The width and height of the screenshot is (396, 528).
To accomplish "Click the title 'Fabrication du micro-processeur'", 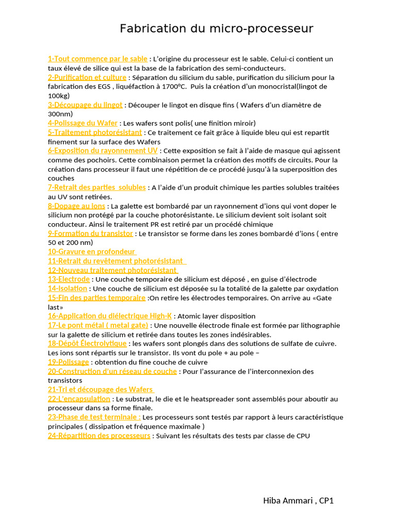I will click(x=217, y=29).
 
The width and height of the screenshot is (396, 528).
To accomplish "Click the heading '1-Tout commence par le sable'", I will click(x=97, y=59).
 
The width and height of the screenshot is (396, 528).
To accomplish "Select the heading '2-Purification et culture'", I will click(x=87, y=77).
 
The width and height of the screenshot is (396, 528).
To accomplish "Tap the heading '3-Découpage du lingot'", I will click(x=85, y=105).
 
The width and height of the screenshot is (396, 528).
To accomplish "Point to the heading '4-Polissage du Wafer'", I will click(x=82, y=123).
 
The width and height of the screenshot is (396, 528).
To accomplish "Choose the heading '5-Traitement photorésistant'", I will click(x=95, y=133).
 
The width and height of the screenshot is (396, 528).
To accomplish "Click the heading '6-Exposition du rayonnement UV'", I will click(x=103, y=151).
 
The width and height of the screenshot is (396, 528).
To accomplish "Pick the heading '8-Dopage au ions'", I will click(x=76, y=206).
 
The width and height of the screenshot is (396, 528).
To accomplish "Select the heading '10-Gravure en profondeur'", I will click(x=92, y=252).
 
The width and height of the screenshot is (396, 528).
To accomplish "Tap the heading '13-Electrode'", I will click(x=69, y=279).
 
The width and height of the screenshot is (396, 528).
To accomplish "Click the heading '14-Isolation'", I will click(x=68, y=288).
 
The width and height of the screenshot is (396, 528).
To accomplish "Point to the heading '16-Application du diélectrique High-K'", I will click(x=110, y=316).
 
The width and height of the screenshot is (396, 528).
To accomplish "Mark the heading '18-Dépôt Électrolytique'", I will click(x=87, y=343).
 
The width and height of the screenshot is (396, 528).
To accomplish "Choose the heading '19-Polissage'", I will click(x=68, y=362).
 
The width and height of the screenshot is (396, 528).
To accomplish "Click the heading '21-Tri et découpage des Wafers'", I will click(x=101, y=389).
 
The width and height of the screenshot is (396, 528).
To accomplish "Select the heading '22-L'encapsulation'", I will click(x=79, y=399).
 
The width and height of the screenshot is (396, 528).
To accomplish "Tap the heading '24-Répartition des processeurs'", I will click(x=99, y=436).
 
